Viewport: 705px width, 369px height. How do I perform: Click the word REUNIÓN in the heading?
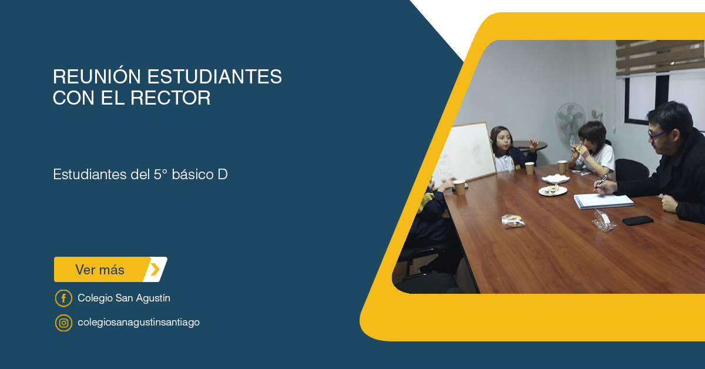(x=96, y=76)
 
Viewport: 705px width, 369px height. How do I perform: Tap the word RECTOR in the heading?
(x=170, y=98)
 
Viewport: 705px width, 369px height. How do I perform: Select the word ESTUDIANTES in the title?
(x=214, y=76)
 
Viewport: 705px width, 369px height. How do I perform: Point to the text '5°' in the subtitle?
(x=160, y=175)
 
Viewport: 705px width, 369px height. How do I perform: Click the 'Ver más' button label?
(x=100, y=270)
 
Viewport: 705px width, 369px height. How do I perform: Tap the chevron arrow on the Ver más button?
(x=155, y=270)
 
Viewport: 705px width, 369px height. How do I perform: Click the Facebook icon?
(x=63, y=298)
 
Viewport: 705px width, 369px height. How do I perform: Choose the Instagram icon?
(x=63, y=323)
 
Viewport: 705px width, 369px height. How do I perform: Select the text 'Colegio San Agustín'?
(x=124, y=298)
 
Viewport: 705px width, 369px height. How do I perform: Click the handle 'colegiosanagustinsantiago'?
(x=139, y=323)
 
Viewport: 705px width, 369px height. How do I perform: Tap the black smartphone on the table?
(x=638, y=220)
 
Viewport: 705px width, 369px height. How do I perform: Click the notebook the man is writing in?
(x=604, y=201)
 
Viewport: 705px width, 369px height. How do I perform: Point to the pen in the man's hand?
(x=600, y=183)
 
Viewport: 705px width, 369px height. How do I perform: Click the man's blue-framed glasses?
(x=656, y=135)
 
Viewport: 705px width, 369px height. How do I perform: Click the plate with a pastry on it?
(x=553, y=190)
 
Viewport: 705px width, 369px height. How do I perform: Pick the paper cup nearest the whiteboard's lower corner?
(x=459, y=187)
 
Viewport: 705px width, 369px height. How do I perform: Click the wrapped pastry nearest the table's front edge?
(x=513, y=221)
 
